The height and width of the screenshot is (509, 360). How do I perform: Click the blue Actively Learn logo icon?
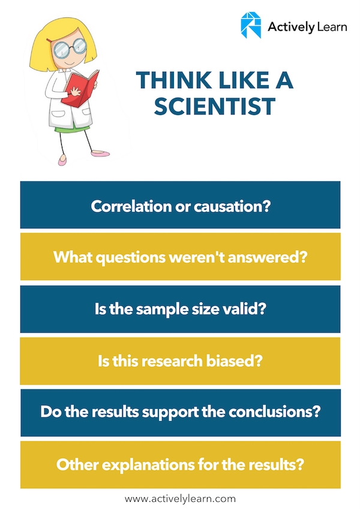[x=251, y=25]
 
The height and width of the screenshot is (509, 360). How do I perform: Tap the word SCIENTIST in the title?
[x=215, y=107]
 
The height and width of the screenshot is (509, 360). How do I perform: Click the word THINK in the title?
[x=173, y=80]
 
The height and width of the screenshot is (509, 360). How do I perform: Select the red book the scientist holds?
[x=80, y=89]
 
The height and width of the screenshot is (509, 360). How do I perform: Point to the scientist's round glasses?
[x=69, y=48]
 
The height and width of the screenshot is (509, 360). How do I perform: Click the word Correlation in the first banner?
[x=131, y=206]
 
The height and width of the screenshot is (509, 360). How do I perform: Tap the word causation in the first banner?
[x=232, y=206]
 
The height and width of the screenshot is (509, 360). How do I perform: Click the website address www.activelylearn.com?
[x=181, y=499]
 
